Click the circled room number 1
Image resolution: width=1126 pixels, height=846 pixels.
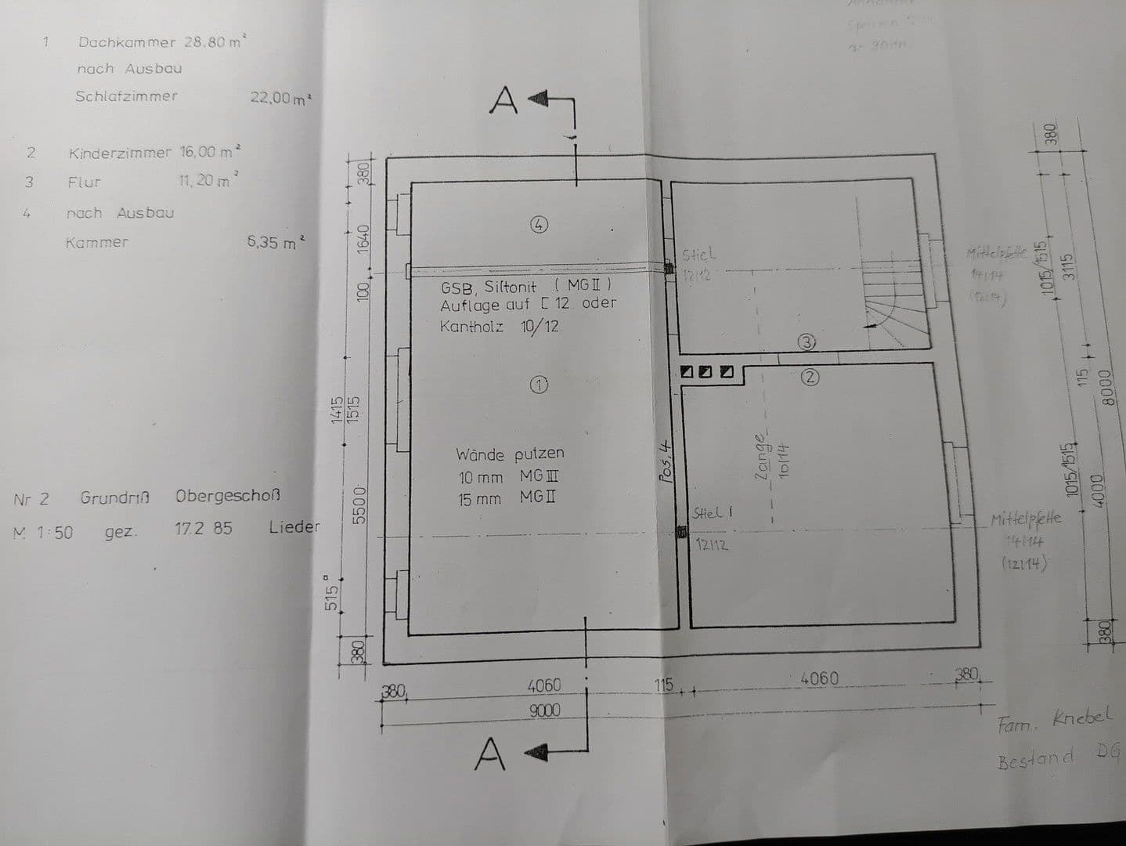point(539,385)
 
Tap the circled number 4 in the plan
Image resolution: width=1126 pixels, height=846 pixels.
point(539,225)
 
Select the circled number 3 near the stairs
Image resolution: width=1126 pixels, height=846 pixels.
point(808,342)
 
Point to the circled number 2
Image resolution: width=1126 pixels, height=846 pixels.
point(811,377)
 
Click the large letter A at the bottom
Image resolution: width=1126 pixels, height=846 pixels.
point(490,754)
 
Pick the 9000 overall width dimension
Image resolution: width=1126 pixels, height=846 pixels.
point(544,710)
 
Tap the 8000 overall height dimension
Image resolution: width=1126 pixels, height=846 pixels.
point(1106,387)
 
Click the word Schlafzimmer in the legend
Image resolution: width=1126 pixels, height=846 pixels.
point(127,96)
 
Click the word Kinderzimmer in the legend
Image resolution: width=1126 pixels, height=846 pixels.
point(120,153)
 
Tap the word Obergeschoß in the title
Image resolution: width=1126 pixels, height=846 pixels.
point(228,496)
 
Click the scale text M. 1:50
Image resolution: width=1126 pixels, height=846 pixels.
point(44,532)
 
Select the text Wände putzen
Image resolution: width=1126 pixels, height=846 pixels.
point(510,454)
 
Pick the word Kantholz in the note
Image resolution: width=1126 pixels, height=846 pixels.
point(471,326)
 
